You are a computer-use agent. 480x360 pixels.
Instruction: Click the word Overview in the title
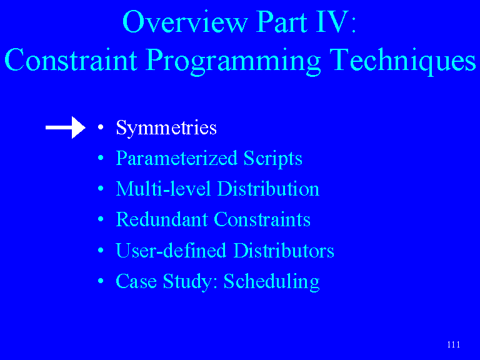(185, 21)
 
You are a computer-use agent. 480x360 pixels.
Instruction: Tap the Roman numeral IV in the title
(332, 21)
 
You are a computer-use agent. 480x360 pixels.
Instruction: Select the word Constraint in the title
(71, 60)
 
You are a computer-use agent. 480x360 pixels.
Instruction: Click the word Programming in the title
(233, 61)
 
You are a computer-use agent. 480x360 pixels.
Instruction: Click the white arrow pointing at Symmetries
(66, 127)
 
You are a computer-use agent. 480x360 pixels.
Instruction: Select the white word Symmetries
(166, 129)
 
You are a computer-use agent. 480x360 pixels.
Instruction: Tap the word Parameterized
(177, 159)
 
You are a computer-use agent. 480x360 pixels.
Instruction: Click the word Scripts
(272, 159)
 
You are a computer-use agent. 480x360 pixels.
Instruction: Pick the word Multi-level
(164, 189)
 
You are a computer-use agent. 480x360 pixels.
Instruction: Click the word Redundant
(162, 219)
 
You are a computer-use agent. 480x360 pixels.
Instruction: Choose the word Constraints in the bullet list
(262, 219)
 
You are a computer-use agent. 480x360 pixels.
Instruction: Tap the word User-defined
(171, 250)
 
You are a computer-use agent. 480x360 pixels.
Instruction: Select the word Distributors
(284, 250)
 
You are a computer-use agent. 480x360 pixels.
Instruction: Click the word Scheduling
(271, 282)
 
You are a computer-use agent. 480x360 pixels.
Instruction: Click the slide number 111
(453, 344)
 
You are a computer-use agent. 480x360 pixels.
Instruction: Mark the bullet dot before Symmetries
(101, 127)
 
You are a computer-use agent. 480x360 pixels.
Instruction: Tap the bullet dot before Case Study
(101, 281)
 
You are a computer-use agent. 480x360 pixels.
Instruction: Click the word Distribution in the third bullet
(268, 189)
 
